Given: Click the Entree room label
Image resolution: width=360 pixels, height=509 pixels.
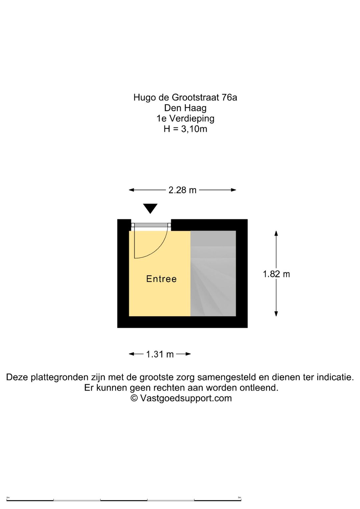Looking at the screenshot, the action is coord(161,279).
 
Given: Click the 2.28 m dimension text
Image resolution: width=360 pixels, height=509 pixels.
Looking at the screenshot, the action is coord(182,190).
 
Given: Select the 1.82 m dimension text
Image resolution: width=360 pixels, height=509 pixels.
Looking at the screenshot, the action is coord(276,274).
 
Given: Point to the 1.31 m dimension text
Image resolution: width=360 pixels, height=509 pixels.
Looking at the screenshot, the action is coord(160,354).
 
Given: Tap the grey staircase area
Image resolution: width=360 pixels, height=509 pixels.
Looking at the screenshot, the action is coord(213,274).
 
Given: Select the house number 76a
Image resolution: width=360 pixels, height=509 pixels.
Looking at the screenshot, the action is coord(229,97).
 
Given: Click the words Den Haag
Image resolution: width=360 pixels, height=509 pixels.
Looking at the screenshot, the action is coord(185,108).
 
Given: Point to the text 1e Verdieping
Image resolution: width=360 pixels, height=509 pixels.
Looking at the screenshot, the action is coord(185,118).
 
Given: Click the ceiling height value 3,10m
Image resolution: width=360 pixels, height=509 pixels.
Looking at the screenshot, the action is coord(194,129).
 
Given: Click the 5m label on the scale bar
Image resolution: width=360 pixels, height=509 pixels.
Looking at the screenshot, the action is coord(239,497).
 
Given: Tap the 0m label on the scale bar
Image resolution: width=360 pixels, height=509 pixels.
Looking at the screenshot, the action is coord(8,497).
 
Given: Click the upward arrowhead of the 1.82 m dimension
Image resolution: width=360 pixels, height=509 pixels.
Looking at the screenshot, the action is coord(276,233).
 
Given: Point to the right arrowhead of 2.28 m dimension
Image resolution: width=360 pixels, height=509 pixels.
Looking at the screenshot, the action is coord(233,190).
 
